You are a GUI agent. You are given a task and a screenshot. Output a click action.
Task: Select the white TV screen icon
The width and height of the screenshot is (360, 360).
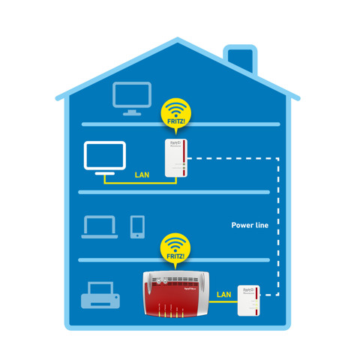tap(104, 156)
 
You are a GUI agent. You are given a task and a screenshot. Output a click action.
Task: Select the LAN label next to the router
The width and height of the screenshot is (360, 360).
tap(223, 295)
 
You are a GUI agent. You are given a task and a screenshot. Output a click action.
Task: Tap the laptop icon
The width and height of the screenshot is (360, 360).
tap(99, 226)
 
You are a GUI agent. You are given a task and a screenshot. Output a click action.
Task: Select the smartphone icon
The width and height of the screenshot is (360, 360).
tap(137, 226)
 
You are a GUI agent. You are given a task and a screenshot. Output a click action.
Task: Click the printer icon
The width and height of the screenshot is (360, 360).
tap(100, 295)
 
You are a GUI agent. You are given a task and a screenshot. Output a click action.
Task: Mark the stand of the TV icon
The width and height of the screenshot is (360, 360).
tap(104, 173)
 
